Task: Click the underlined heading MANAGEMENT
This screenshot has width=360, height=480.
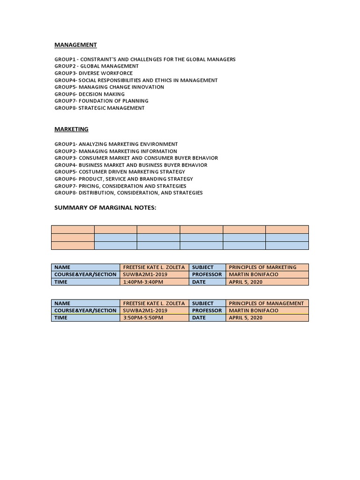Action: (x=75, y=45)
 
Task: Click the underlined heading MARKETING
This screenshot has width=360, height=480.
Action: (x=71, y=129)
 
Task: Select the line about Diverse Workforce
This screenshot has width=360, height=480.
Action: (x=93, y=73)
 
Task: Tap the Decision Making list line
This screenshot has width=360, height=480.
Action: (x=90, y=94)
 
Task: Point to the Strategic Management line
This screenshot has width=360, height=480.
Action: (x=99, y=108)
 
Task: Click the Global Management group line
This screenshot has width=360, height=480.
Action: (x=97, y=66)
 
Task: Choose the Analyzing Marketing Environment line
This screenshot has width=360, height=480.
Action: (x=116, y=144)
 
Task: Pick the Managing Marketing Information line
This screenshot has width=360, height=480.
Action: (x=116, y=151)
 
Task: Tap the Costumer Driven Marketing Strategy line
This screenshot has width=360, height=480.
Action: (x=120, y=172)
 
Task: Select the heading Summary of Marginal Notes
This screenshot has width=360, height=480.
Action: (x=105, y=207)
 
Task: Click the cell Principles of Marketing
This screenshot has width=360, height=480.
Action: (x=262, y=267)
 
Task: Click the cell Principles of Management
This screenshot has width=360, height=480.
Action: (x=266, y=303)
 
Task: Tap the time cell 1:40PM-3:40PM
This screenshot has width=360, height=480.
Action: (x=143, y=282)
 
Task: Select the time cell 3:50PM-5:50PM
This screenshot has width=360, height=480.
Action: (x=143, y=318)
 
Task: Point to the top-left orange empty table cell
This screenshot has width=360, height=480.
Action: (x=73, y=229)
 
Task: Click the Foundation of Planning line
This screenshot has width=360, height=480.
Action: (x=101, y=101)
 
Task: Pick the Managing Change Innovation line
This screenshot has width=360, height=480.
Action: (x=109, y=87)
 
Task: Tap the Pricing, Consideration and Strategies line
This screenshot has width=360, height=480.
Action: (x=120, y=186)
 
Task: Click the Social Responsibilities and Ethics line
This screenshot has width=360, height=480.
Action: (x=136, y=80)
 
